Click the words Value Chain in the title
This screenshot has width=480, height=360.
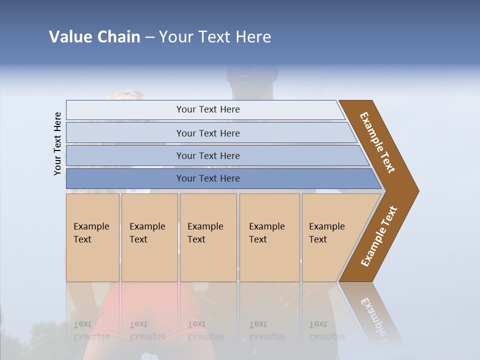tap(94, 37)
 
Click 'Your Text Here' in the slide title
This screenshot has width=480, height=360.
tap(215, 37)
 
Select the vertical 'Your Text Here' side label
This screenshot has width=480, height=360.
tap(57, 143)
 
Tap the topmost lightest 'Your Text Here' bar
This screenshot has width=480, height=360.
tap(208, 109)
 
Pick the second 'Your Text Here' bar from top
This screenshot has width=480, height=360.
tap(208, 133)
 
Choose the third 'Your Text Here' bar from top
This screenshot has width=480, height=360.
tap(208, 155)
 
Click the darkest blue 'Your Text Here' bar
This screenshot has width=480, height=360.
tap(208, 178)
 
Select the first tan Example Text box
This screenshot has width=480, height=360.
tap(92, 237)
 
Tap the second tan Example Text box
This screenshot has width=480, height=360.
tap(149, 237)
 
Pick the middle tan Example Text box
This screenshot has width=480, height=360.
tap(208, 237)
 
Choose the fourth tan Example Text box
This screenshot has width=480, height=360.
tap(269, 237)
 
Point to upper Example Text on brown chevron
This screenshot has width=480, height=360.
tap(377, 142)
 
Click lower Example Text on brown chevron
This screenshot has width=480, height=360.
tap(379, 236)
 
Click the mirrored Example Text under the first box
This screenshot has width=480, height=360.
tap(91, 331)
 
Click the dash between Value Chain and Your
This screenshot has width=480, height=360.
tap(149, 37)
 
